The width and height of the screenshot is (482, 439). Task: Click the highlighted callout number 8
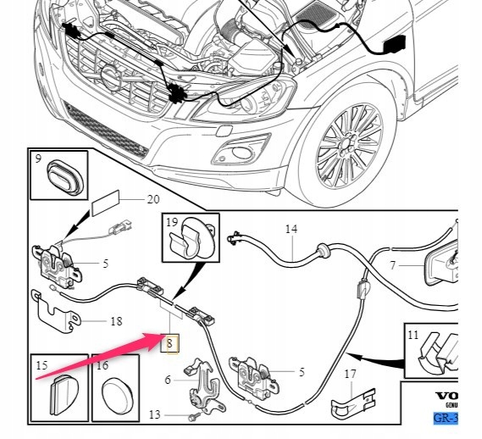(169, 343)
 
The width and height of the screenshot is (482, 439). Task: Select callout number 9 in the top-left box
(38, 158)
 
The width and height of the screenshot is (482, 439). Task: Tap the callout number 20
(152, 200)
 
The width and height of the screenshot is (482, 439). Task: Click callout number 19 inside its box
(171, 224)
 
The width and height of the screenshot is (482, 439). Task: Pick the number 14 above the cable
(291, 230)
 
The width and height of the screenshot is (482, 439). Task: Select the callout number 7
(392, 265)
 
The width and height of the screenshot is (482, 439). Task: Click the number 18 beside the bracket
(116, 322)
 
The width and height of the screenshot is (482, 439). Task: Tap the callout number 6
(168, 380)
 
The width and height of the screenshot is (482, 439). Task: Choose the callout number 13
(154, 414)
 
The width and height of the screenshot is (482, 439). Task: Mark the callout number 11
(413, 335)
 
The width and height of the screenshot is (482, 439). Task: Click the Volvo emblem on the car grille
(111, 81)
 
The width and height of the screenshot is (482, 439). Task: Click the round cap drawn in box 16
(114, 395)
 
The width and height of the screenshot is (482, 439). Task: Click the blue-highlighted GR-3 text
(446, 418)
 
